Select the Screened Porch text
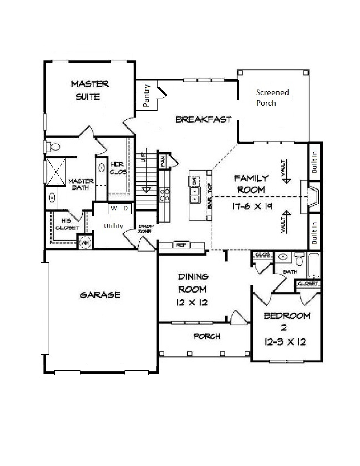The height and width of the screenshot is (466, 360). click(x=272, y=97)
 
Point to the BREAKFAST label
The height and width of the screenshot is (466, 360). click(x=204, y=119)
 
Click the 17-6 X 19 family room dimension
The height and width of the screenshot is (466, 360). click(x=252, y=206)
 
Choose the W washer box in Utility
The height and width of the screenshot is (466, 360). click(x=114, y=208)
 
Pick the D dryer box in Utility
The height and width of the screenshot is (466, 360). click(x=126, y=208)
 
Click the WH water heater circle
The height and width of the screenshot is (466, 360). click(x=85, y=243)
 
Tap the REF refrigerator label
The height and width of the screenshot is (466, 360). click(x=181, y=245)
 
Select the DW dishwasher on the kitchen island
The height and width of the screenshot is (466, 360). click(x=195, y=181)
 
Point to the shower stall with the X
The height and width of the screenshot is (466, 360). click(x=56, y=171)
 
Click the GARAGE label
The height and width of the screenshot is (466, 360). click(x=100, y=295)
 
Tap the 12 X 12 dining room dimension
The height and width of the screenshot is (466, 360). click(x=192, y=302)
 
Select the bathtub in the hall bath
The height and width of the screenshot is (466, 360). click(x=314, y=265)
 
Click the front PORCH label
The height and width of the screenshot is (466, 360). click(x=207, y=336)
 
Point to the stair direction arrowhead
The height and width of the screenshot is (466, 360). click(x=147, y=190)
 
